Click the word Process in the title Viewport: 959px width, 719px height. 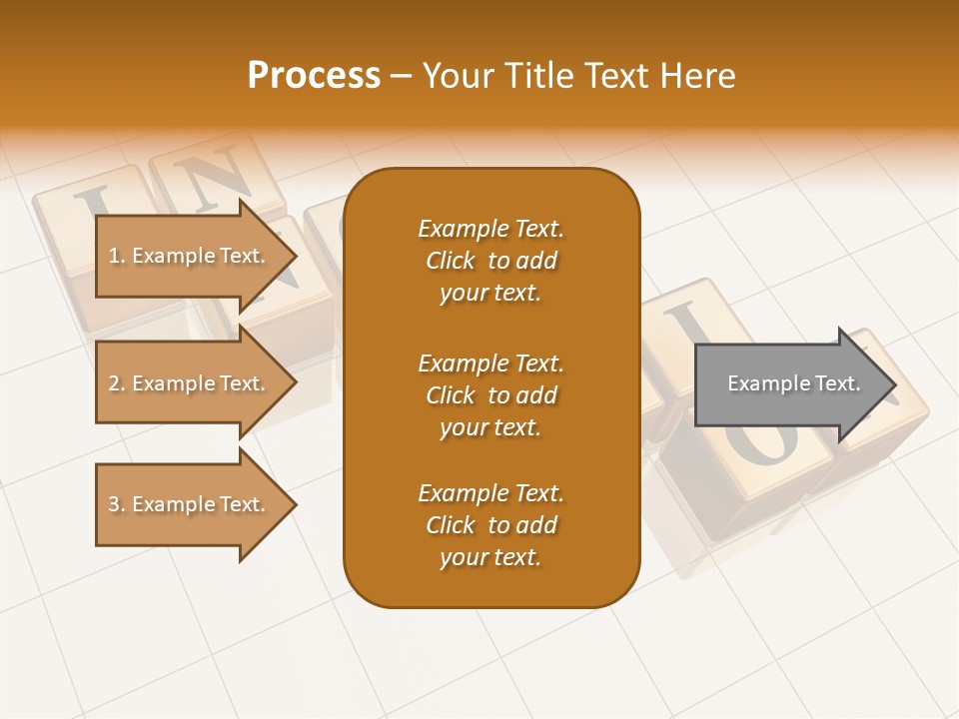314,76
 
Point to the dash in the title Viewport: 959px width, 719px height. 401,77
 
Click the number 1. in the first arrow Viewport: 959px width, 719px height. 117,256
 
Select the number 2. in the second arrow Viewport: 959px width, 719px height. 117,383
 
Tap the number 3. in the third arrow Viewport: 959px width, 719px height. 117,504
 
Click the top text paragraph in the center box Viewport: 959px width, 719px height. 490,261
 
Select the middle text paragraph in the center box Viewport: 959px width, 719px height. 490,395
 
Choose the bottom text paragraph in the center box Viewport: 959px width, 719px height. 490,525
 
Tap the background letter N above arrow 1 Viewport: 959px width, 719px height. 214,179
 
